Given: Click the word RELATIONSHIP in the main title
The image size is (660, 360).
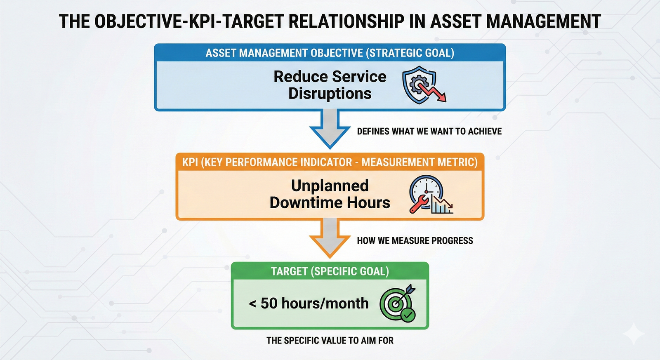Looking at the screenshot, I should [x=345, y=21].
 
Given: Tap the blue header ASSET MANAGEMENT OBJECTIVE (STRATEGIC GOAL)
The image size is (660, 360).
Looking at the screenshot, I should [x=330, y=53].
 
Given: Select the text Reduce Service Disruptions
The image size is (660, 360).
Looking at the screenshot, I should [x=330, y=85].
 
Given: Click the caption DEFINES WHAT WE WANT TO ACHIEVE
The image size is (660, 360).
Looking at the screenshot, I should [x=429, y=132].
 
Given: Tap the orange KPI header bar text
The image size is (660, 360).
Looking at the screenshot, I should [x=330, y=162].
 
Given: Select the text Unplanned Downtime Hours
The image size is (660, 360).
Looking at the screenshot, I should [x=330, y=194].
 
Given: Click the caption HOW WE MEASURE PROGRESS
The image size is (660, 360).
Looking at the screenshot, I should [x=415, y=241].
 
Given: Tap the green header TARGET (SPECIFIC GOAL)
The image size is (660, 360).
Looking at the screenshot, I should [x=330, y=271].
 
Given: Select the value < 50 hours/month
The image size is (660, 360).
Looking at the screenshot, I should [x=309, y=304].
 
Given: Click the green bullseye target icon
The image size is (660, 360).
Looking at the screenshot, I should [x=396, y=304].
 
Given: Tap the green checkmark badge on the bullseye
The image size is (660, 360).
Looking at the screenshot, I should [x=408, y=315].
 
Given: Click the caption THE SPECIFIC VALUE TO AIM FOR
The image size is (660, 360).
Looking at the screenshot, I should [x=330, y=341].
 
